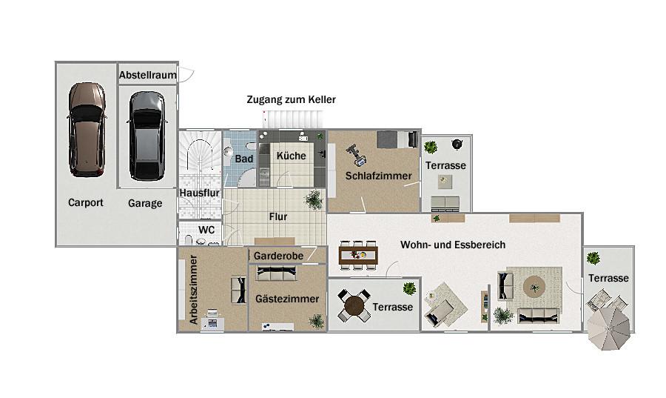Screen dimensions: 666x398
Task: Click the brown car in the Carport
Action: click(87, 130)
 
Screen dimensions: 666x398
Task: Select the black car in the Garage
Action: click(147, 136)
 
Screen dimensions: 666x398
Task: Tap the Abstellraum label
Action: click(148, 76)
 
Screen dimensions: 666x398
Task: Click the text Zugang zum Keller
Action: click(292, 99)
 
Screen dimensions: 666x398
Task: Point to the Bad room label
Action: click(243, 159)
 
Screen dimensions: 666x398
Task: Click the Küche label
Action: click(292, 156)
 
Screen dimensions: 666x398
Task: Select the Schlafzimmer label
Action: click(378, 176)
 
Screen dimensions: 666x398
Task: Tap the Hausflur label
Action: click(199, 193)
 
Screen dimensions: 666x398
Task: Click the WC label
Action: click(206, 230)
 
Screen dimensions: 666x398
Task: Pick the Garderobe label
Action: click(279, 256)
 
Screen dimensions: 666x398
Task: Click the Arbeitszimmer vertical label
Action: click(194, 290)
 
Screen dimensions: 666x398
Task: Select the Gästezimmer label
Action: click(287, 299)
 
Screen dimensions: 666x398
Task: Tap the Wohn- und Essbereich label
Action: click(453, 245)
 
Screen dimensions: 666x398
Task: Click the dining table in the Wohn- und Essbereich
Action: click(358, 255)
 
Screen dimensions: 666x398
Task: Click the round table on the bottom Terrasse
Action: click(354, 305)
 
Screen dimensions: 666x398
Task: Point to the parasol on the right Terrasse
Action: click(609, 328)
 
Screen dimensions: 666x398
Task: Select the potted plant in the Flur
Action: click(314, 199)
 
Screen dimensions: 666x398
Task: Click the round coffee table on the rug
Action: click(534, 287)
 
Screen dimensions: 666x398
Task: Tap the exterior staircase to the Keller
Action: click(293, 119)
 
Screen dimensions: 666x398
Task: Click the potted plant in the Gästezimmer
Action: click(317, 321)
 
